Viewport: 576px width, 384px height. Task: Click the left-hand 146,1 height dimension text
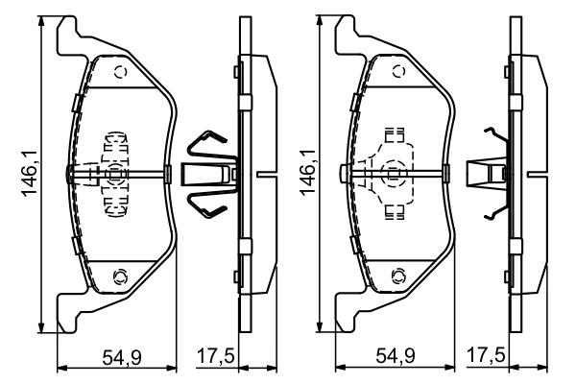pos(29,174)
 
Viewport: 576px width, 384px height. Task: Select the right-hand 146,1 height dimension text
pos(309,174)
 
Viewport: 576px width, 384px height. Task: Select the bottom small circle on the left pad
pos(120,277)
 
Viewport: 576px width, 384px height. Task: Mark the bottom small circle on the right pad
pos(396,277)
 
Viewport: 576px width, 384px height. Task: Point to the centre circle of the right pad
pos(394,174)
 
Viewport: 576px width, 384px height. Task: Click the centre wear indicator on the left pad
pos(115,174)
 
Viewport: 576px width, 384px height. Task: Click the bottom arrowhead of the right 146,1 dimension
pos(324,326)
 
